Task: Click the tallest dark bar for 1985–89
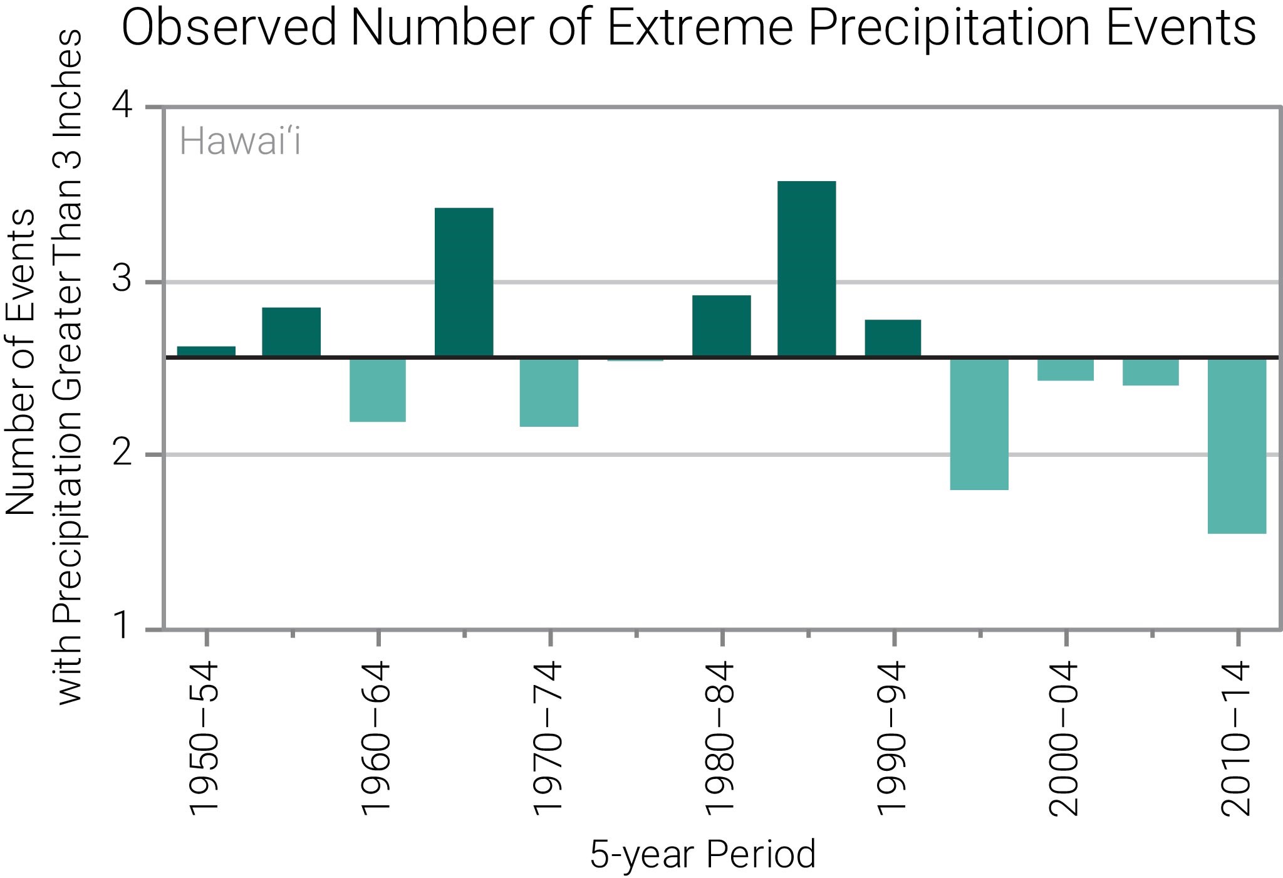(806, 269)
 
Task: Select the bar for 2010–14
(1237, 446)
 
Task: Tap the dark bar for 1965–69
(464, 282)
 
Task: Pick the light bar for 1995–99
(979, 424)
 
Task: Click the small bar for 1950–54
(206, 352)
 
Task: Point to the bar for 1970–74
(549, 392)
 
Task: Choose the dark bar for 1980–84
(721, 326)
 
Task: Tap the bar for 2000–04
(1065, 369)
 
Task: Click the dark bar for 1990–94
(893, 338)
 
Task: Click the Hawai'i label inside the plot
(240, 142)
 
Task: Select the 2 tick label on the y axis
(123, 454)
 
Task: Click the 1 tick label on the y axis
(123, 627)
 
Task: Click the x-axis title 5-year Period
(703, 854)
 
